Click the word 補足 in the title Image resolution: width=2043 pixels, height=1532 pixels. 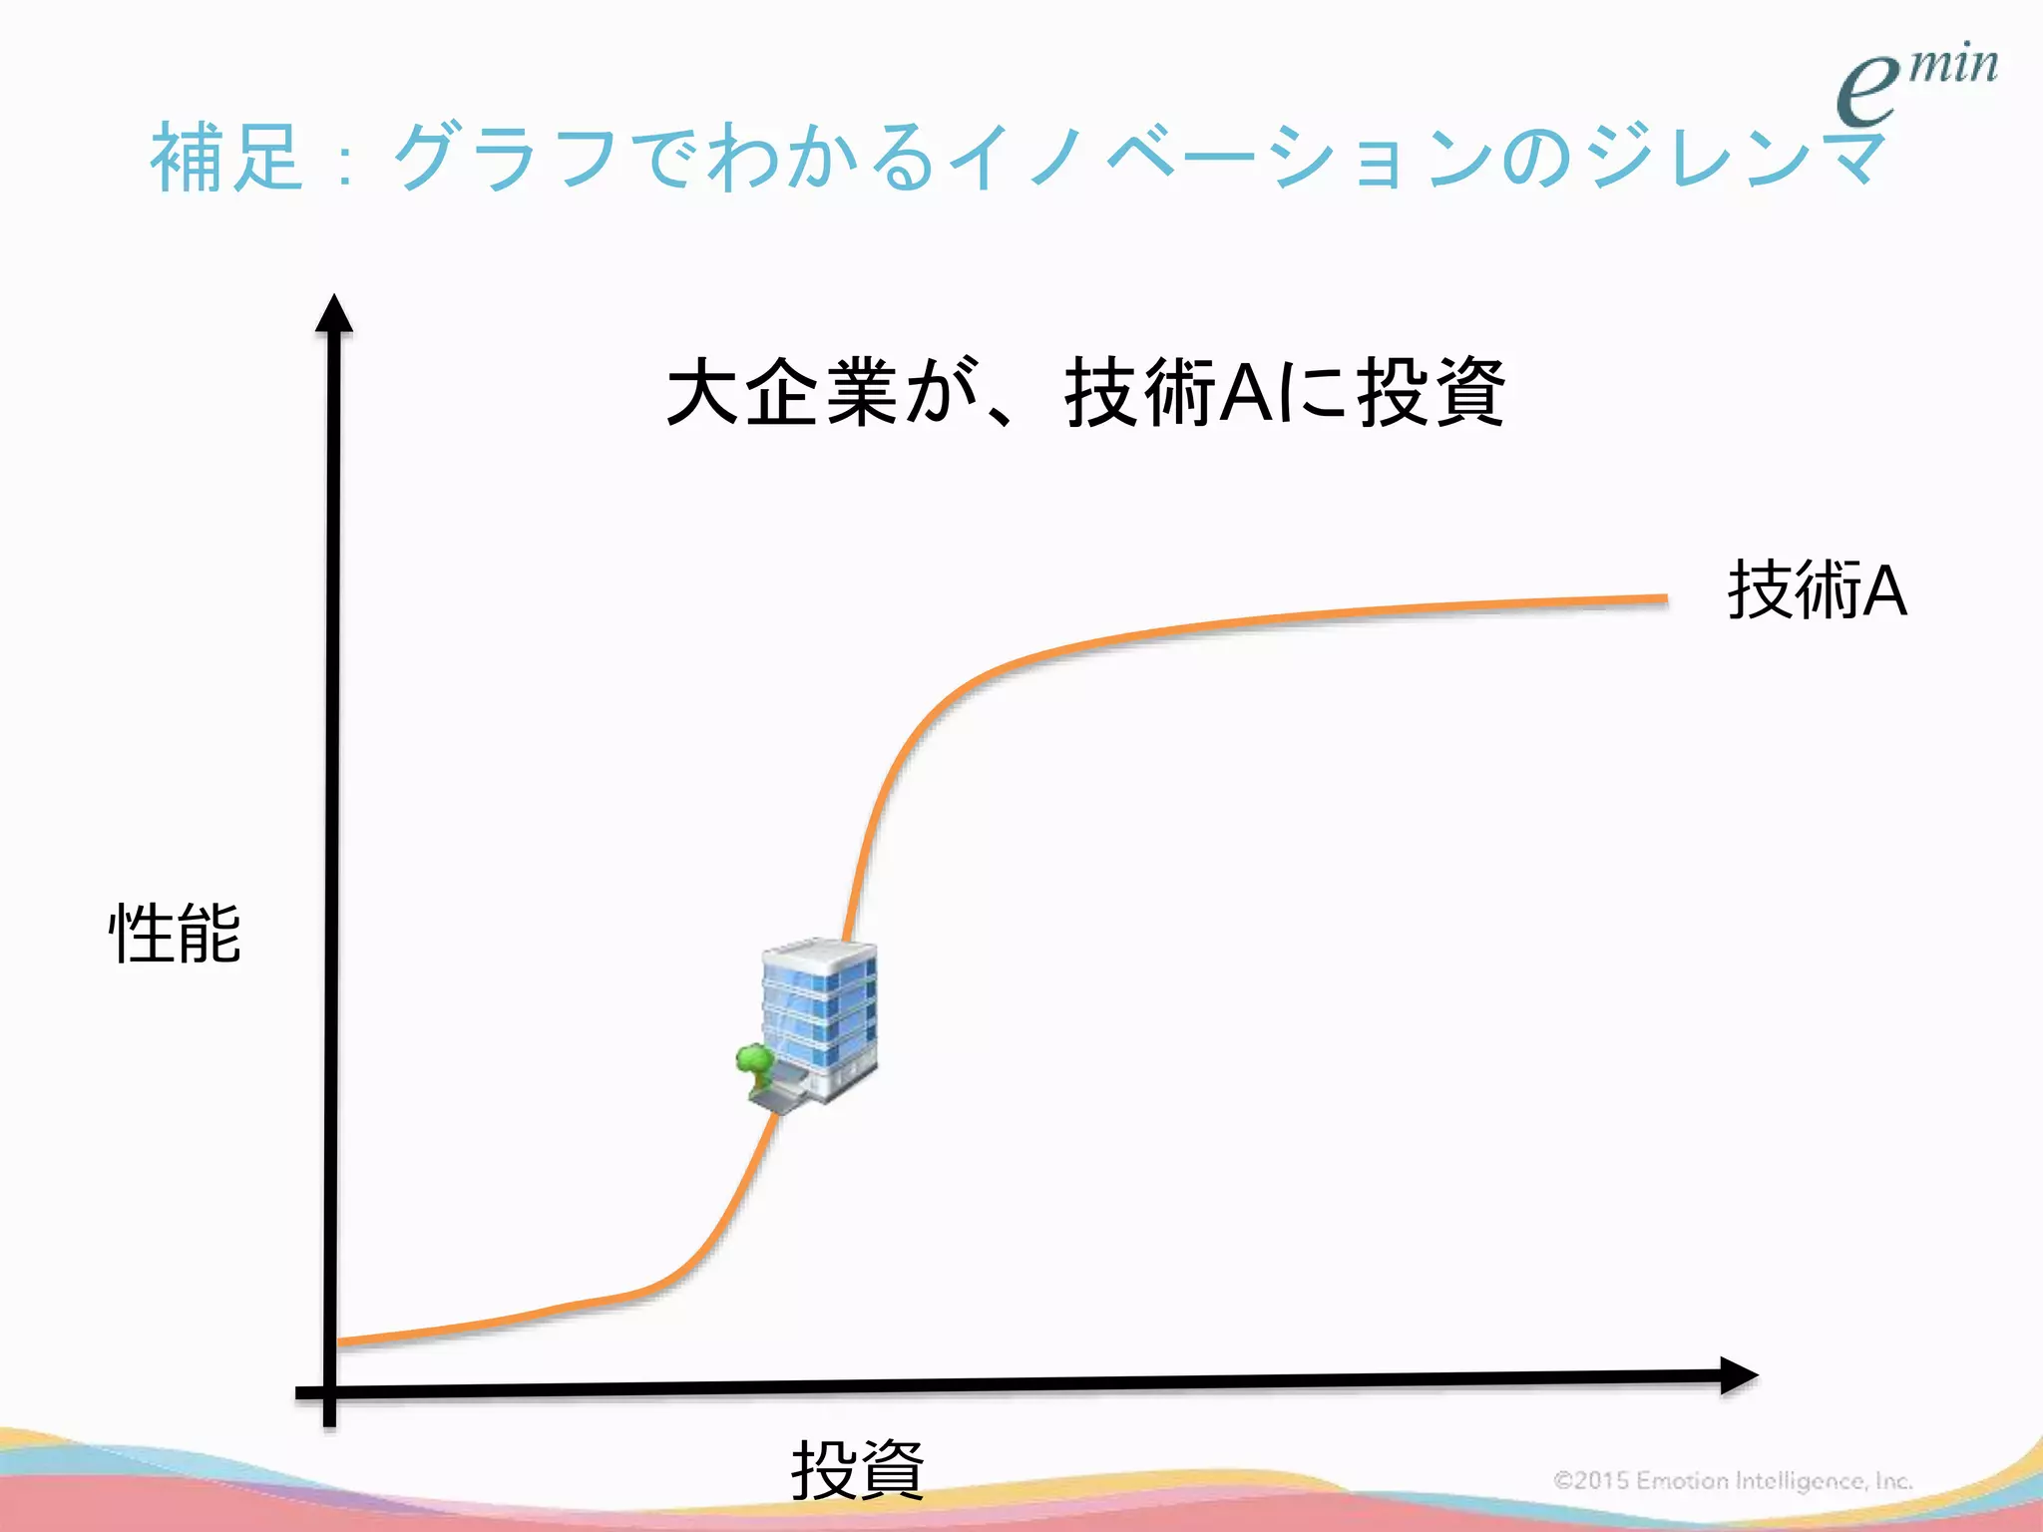(226, 157)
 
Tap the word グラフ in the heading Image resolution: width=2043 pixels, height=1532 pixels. (505, 157)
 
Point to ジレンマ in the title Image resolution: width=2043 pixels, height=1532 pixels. (1737, 157)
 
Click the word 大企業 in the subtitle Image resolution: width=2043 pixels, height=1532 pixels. (783, 392)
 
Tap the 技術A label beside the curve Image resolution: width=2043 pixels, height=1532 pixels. (1817, 590)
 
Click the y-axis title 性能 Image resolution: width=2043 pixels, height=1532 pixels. (175, 934)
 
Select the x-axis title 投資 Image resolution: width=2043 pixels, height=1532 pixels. (858, 1469)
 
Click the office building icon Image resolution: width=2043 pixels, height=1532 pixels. (819, 1017)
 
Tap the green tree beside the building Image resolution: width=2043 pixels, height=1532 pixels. (755, 1062)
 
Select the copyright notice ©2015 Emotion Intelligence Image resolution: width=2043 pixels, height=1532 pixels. (1733, 1480)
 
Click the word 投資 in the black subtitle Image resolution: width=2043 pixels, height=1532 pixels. (1430, 392)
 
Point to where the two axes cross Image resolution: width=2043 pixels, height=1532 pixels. (330, 1391)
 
